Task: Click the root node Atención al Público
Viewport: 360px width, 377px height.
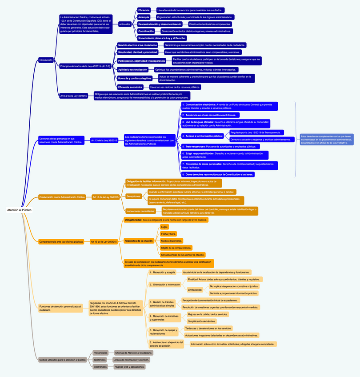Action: coord(19,209)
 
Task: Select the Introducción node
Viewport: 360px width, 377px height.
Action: coord(46,60)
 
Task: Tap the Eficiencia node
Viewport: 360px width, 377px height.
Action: coord(144,10)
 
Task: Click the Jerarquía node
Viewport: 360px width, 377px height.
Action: coord(144,17)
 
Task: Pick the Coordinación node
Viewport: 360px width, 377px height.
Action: coord(146,31)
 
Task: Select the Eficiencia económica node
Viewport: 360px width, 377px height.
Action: coord(130,87)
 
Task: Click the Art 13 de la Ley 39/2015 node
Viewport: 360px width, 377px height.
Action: coord(104,140)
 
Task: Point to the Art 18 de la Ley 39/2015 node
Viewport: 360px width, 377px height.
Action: coord(105,197)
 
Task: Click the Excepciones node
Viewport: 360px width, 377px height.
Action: coord(134,196)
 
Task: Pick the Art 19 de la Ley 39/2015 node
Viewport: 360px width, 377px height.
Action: coord(104,241)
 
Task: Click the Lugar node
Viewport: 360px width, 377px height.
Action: coord(164,227)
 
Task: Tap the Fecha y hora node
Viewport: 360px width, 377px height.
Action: coord(168,233)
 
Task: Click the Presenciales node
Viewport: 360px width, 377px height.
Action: coord(100,353)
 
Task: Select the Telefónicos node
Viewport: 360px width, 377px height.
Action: coord(100,360)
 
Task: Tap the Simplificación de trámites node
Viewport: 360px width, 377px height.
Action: coord(201,321)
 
